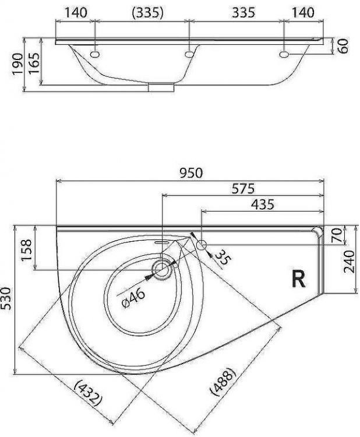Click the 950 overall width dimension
[x=190, y=173]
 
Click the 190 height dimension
[x=17, y=64]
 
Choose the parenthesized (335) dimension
[x=140, y=12]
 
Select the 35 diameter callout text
[x=221, y=257]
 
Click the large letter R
[x=298, y=280]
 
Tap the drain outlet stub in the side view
[x=161, y=87]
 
